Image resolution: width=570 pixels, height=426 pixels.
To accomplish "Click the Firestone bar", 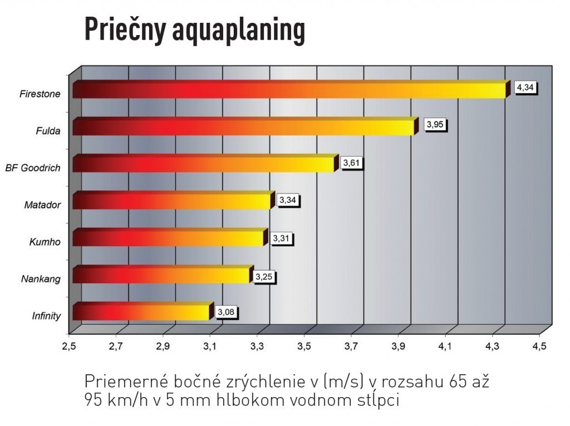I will point(289,90).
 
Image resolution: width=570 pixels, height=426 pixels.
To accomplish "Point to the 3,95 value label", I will point(434,125).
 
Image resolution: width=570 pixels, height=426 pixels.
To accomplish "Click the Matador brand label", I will point(42,205).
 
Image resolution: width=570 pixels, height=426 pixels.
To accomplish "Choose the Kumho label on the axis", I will point(45,242).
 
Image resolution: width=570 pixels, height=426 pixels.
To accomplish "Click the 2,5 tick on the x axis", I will point(69,347).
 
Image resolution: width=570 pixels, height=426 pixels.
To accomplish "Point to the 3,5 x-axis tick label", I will point(304,347).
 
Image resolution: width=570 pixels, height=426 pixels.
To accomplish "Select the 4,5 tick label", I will point(539,347).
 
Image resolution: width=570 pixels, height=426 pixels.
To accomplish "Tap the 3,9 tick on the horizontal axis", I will point(398,347).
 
